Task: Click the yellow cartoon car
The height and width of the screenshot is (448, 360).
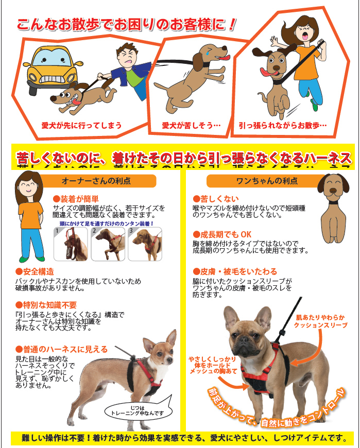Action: (52, 68)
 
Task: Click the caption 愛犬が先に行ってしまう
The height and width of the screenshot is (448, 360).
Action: (81, 126)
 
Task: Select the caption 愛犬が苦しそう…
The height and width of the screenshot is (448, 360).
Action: (191, 126)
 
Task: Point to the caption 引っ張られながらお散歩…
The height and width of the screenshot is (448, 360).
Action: (283, 126)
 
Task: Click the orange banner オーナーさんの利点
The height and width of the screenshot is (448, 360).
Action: (97, 181)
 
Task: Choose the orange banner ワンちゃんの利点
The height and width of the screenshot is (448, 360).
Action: (266, 181)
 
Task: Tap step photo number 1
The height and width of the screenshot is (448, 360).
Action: (71, 244)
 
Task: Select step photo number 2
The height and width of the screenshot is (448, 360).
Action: (108, 244)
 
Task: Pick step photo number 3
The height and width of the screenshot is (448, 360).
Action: (145, 244)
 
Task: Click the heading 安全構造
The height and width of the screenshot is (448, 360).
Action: (35, 272)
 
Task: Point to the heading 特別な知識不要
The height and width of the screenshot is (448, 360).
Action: (46, 305)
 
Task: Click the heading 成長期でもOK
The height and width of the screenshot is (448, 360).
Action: (222, 235)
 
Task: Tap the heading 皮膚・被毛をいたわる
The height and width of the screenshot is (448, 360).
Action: (235, 271)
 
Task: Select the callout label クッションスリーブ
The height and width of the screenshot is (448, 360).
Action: (320, 325)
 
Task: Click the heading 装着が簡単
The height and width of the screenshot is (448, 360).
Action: (76, 199)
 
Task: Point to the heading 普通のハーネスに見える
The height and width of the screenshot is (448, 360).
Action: (62, 350)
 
